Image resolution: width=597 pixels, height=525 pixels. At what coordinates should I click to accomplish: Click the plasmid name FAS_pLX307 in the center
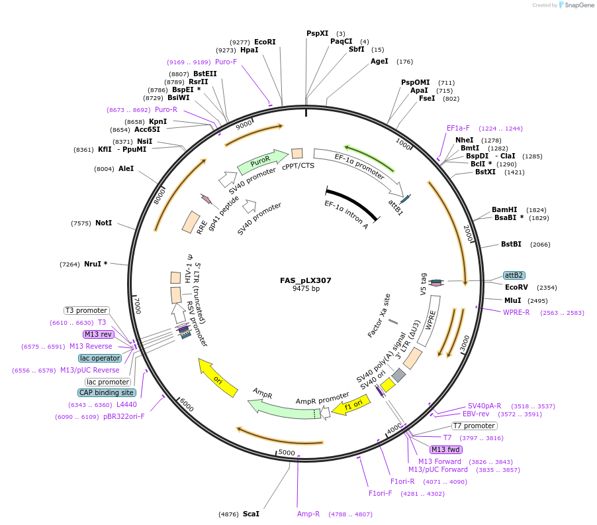tap(305, 280)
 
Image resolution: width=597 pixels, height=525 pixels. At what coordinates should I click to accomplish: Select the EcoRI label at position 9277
tap(265, 42)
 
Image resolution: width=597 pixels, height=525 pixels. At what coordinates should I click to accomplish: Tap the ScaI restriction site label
tap(251, 514)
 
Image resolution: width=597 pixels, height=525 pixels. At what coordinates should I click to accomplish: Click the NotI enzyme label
tap(103, 223)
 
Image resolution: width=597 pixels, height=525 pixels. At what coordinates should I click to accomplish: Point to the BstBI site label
tap(511, 245)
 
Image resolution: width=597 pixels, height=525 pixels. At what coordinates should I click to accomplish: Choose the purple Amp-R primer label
tap(308, 514)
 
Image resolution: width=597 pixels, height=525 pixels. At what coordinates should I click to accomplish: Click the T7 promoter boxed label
tap(474, 426)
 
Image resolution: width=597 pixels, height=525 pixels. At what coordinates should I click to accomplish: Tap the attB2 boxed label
tap(514, 275)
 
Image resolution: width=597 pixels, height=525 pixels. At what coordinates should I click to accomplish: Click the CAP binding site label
tap(107, 392)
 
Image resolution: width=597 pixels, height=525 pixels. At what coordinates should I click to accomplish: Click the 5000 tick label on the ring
tap(286, 452)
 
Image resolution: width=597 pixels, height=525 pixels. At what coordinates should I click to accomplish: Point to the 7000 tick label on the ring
tap(137, 305)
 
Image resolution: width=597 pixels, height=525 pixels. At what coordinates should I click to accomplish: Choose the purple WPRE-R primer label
tap(516, 312)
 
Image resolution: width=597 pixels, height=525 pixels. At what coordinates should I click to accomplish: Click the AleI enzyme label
tap(126, 169)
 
